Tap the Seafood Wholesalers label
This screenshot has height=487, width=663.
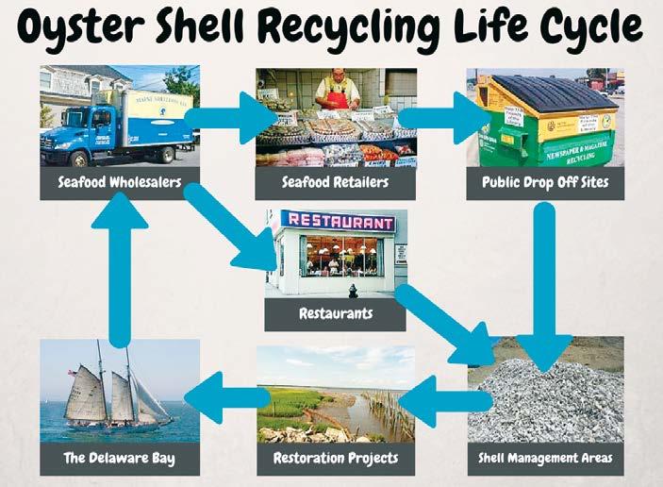[x=120, y=183]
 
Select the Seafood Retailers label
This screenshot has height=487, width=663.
[x=335, y=183]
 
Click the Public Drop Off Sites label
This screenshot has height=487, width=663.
[x=545, y=183]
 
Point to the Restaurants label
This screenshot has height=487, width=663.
[x=335, y=313]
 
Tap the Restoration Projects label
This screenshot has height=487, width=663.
[x=335, y=459]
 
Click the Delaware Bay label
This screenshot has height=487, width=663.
[x=120, y=459]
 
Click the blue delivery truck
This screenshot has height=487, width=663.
[x=113, y=123]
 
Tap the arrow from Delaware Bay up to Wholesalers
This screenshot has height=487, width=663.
[x=121, y=274]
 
